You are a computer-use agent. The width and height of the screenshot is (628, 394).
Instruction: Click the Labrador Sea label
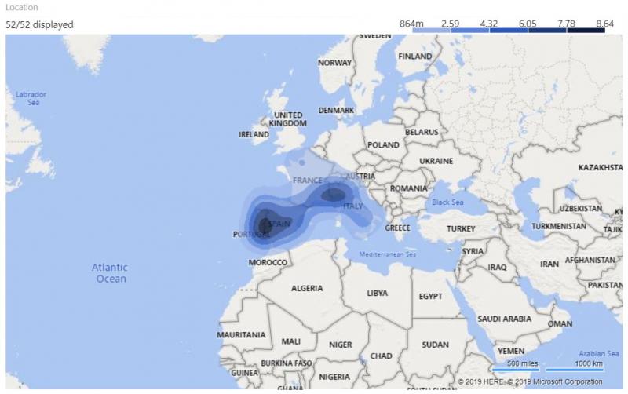[x=31, y=98]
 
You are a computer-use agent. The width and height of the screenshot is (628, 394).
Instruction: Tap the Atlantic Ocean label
[x=111, y=273]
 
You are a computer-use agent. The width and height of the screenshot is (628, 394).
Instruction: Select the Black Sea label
[x=447, y=202]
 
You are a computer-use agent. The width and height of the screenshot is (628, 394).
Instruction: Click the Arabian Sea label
[x=596, y=354]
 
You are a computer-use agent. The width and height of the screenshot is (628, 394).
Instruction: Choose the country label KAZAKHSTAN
[x=601, y=168]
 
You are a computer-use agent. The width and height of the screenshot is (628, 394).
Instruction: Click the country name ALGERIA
[x=307, y=288]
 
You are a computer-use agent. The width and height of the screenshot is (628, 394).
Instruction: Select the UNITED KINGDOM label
[x=287, y=119]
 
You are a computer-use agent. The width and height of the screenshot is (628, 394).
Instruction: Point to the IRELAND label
[x=254, y=134]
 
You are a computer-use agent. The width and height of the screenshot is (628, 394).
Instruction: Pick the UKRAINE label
[x=436, y=161]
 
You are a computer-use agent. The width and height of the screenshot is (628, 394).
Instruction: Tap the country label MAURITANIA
[x=240, y=334]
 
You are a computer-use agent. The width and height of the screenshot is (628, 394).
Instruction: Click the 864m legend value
[x=411, y=24]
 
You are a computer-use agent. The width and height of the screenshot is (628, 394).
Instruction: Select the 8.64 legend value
[x=604, y=24]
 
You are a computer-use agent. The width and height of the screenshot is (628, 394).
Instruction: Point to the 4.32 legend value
[x=488, y=24]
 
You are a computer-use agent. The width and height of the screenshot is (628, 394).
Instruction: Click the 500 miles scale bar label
[x=522, y=363]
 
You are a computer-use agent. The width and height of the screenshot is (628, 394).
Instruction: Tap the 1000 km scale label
[x=588, y=363]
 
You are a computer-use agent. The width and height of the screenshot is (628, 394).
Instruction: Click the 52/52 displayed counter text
[x=39, y=24]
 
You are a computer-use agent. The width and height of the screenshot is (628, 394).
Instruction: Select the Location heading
[x=21, y=7]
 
